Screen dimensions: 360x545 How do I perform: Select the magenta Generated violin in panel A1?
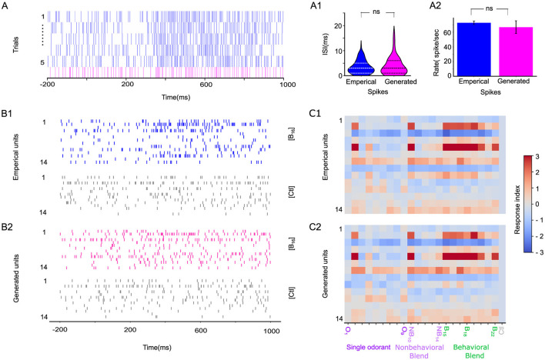point(393,62)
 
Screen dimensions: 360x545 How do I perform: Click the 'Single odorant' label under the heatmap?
point(366,346)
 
